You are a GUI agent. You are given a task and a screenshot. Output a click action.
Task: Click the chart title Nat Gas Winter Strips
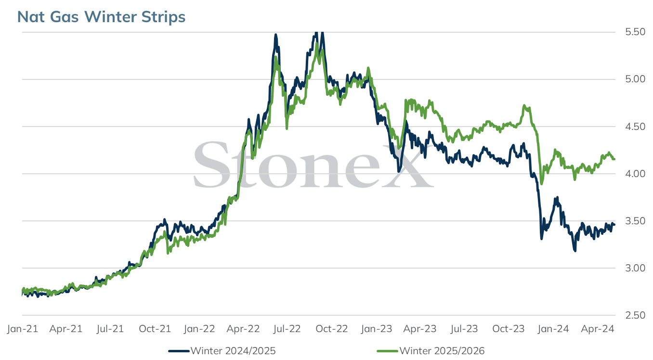[101, 17]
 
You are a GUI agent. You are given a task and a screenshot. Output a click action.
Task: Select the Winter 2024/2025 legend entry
[222, 351]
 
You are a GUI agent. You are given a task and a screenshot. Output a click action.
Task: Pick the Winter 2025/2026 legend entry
[431, 351]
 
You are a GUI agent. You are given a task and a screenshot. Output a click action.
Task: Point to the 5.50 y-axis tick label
[635, 32]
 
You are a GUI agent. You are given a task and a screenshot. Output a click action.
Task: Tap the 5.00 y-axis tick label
[635, 79]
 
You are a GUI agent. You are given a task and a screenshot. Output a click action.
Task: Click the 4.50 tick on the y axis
[635, 127]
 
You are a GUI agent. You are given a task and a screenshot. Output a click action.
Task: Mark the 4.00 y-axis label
[635, 174]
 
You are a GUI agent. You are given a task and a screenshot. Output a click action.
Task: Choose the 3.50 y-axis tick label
[635, 221]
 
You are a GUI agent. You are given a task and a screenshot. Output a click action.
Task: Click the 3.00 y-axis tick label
[635, 268]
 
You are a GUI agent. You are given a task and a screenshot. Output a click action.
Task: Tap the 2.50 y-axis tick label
[635, 315]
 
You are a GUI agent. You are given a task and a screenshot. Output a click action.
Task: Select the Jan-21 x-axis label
[23, 329]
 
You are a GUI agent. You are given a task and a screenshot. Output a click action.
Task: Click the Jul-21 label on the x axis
[110, 329]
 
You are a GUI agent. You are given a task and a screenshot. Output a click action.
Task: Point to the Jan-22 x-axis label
[199, 329]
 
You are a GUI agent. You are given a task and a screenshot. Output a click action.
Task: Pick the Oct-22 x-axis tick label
[332, 329]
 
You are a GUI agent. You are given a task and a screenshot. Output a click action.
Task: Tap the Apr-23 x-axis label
[420, 329]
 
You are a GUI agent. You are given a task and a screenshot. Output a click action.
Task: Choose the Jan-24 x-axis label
[553, 329]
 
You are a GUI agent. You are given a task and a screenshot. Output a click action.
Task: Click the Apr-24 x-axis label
[598, 329]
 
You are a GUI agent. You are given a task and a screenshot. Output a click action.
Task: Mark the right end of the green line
[614, 159]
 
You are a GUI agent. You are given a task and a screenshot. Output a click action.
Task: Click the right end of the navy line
[614, 224]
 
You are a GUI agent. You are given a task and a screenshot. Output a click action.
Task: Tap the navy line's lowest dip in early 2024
[575, 250]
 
